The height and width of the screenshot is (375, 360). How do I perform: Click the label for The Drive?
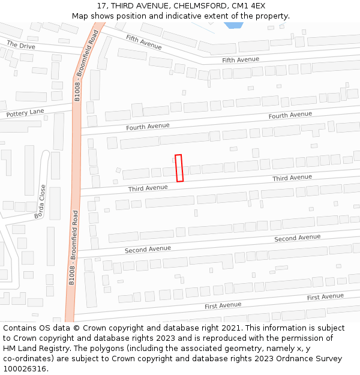coord(21,45)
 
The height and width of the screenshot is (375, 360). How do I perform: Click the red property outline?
coord(179,168)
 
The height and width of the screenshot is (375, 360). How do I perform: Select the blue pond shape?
coord(233,26)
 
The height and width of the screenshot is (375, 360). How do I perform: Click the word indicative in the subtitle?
coord(185,16)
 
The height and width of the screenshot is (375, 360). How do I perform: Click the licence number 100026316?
coord(25,369)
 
